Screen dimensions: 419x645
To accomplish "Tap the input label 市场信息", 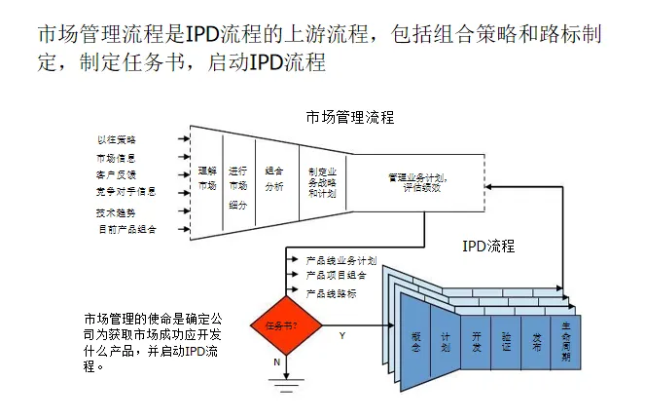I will pyautogui.click(x=117, y=157).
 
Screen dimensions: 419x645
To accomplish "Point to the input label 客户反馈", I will pyautogui.click(x=117, y=174).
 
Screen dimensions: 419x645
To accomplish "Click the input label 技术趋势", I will pyautogui.click(x=117, y=211).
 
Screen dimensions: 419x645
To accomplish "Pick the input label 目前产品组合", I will pyautogui.click(x=127, y=229).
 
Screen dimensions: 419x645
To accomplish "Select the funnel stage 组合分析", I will pyautogui.click(x=273, y=177).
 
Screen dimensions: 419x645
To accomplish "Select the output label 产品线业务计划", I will pyautogui.click(x=340, y=261).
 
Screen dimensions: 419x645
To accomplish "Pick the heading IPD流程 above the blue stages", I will pyautogui.click(x=488, y=246).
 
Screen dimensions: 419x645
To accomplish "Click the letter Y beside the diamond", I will pyautogui.click(x=341, y=335).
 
